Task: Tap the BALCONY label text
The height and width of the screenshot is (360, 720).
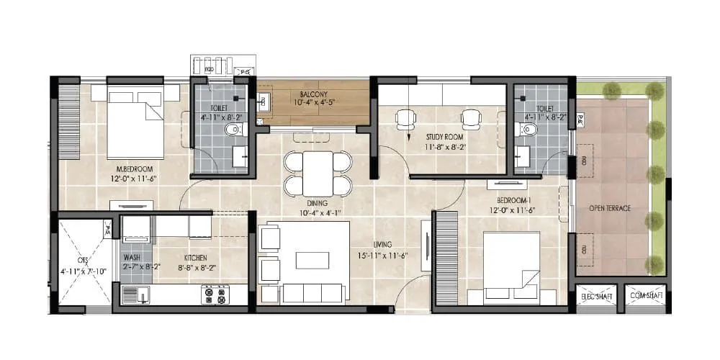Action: tap(314, 94)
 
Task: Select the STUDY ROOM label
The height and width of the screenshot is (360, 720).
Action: tap(444, 137)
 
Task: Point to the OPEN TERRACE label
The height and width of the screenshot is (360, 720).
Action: tap(610, 208)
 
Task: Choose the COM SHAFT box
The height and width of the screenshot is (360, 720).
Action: tap(644, 296)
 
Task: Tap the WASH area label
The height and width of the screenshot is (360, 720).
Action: tap(131, 257)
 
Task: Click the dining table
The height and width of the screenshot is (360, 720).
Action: tap(318, 173)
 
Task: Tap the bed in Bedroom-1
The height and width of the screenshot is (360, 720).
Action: tap(510, 266)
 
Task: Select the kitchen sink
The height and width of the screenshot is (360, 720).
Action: tap(133, 294)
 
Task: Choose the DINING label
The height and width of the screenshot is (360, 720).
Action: tap(317, 204)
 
